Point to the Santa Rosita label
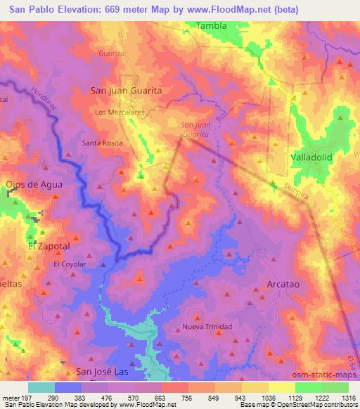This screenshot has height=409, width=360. click(103, 143)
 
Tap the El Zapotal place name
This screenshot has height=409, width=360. click(49, 247)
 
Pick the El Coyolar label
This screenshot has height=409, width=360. click(70, 264)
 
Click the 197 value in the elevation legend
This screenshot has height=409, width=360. click(27, 398)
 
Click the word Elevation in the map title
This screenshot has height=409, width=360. click(74, 9)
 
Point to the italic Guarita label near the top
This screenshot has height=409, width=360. click(112, 53)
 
